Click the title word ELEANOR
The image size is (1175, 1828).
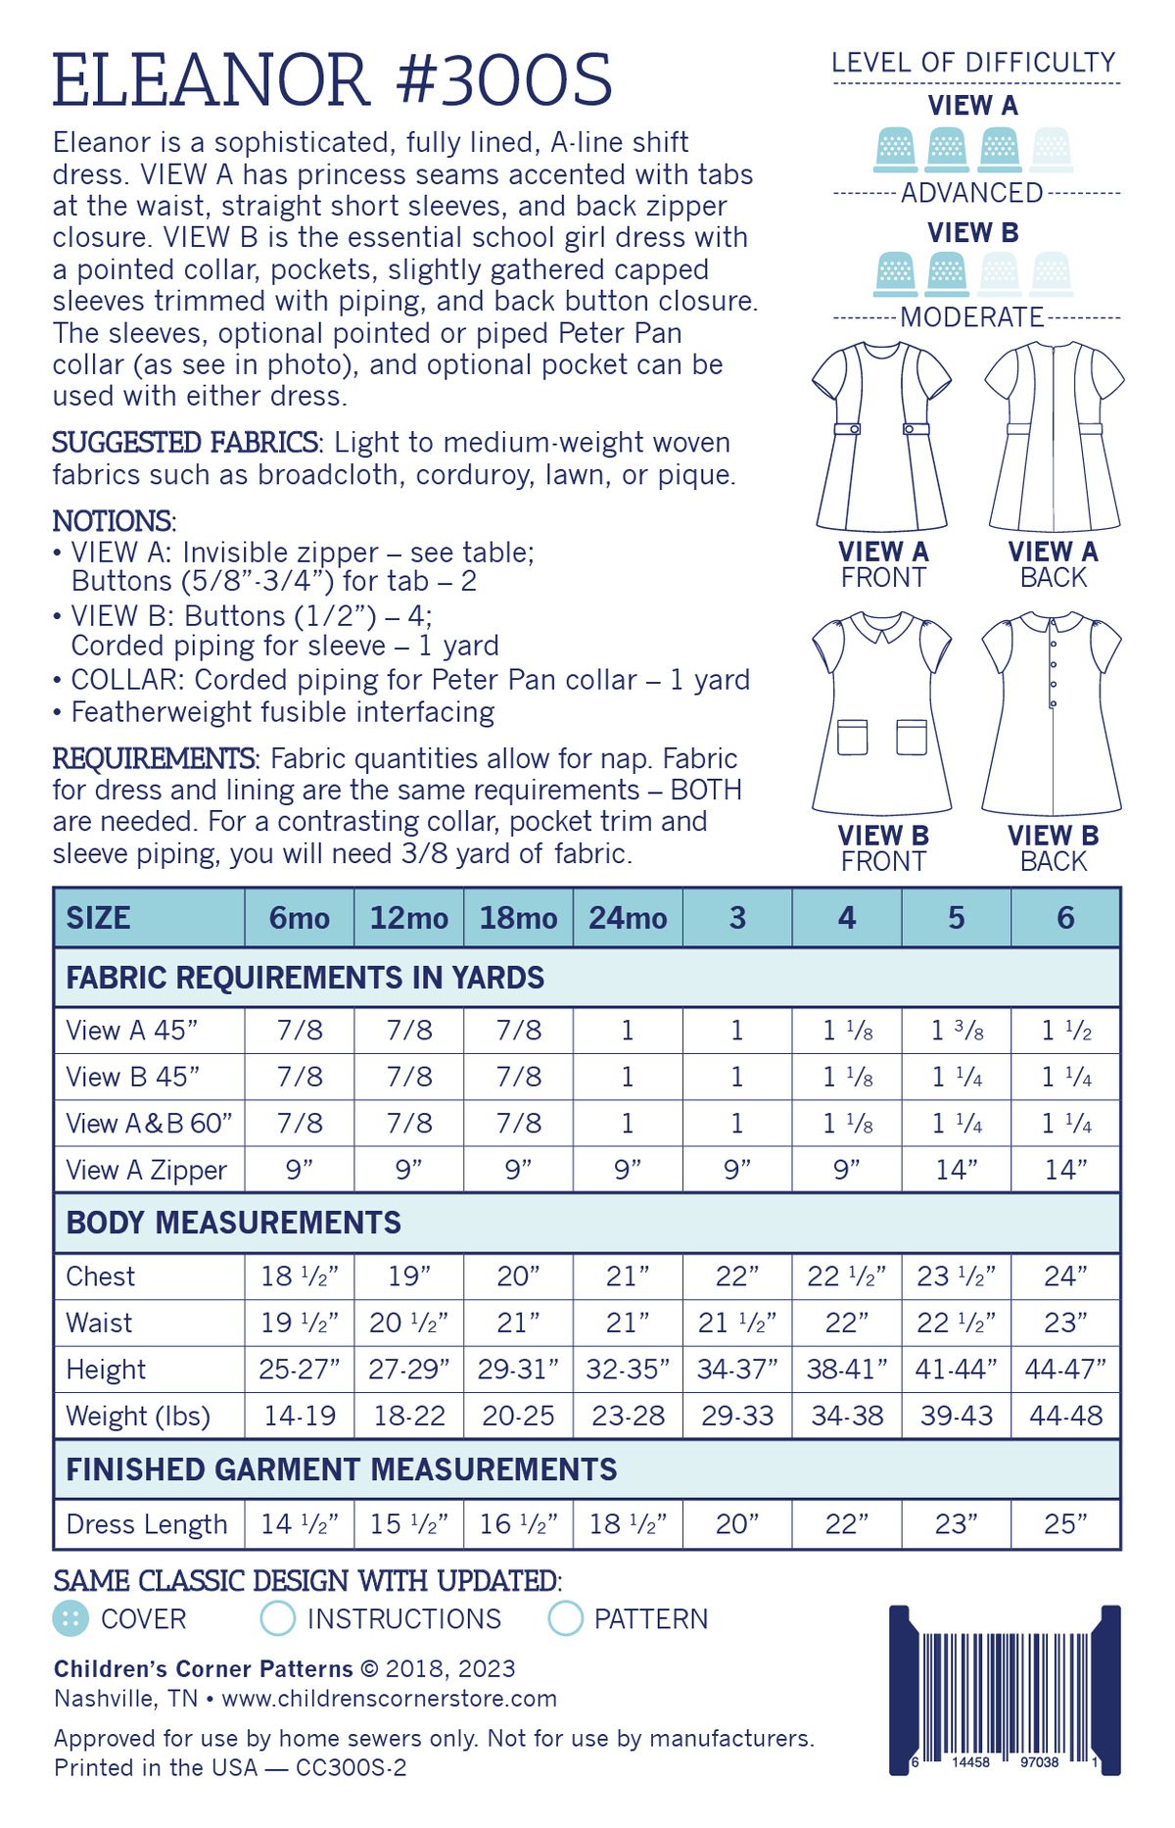pos(211,80)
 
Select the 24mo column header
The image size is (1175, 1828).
pos(628,918)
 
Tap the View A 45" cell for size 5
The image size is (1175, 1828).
pos(957,1031)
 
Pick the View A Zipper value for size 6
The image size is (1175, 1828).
pos(1065,1170)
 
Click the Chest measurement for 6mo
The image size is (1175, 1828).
pos(300,1276)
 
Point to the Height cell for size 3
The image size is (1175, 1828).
pos(737,1370)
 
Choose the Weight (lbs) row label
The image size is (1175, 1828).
pos(138,1417)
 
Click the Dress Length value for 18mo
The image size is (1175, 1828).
pos(518,1524)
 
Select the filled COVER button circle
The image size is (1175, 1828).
pos(70,1618)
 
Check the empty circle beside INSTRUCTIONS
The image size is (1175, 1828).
pos(278,1618)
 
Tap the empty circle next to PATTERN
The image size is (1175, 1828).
pos(566,1618)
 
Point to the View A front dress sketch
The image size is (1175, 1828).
pos(882,436)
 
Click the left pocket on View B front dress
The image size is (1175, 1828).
pos(852,737)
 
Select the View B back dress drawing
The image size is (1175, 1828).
pos(1053,713)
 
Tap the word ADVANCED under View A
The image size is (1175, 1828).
pos(972,193)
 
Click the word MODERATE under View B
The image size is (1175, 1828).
pos(972,317)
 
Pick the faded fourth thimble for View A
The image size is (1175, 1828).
pos(1052,149)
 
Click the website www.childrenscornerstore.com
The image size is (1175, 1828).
pos(390,1698)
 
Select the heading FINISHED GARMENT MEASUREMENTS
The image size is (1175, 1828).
pos(342,1469)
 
